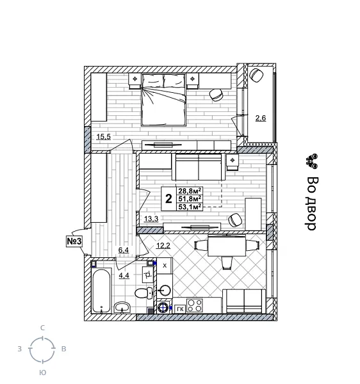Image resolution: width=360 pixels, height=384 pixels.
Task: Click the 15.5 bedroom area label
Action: tap(104, 136)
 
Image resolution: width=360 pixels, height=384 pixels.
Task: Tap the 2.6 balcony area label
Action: tap(261, 118)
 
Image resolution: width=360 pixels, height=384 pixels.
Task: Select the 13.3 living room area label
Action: tap(151, 219)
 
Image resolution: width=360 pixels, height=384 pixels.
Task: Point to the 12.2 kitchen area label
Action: tap(163, 245)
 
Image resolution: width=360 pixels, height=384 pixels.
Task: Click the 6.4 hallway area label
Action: tap(124, 251)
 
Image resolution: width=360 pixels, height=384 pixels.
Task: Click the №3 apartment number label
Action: tap(74, 241)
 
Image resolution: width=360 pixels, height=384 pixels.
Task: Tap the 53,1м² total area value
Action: tap(190, 206)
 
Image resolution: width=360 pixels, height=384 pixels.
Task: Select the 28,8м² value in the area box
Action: tap(190, 191)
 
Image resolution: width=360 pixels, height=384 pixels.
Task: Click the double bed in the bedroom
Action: tap(163, 99)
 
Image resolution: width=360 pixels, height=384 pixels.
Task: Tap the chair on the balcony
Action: tap(257, 75)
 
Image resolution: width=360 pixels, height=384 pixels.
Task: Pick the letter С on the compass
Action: tap(42, 328)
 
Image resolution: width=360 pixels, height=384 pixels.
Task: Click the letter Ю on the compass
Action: tap(42, 372)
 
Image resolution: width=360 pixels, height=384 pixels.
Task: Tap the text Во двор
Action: tap(312, 203)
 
